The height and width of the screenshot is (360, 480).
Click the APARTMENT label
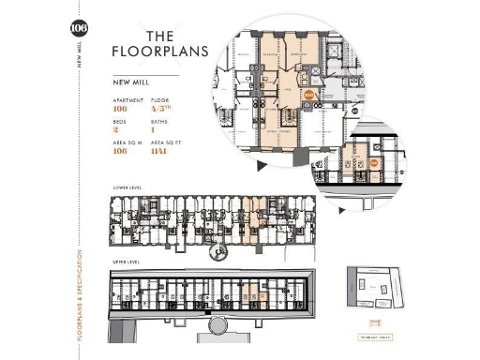pos(127,98)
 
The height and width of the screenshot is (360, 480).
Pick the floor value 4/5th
pos(159,107)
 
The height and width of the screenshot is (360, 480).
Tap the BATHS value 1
pos(153,129)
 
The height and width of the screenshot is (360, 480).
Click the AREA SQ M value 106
pos(119,152)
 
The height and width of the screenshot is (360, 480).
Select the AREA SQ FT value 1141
pos(159,152)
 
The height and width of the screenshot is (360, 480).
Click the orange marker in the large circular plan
pos(310,95)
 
